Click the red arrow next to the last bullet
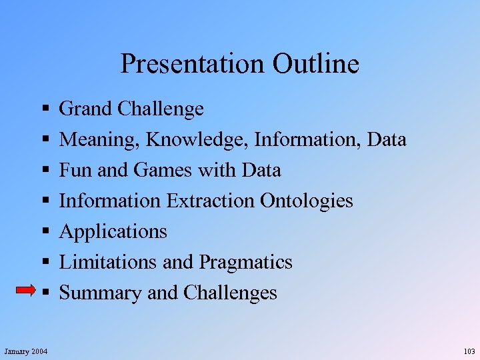pos(25,290)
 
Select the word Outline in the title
pos(315,64)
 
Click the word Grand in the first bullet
pos(85,109)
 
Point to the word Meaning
pos(99,140)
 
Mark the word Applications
pos(113,232)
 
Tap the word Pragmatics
pos(245,263)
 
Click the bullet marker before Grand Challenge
pos(43,109)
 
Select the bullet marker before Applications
pos(43,231)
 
